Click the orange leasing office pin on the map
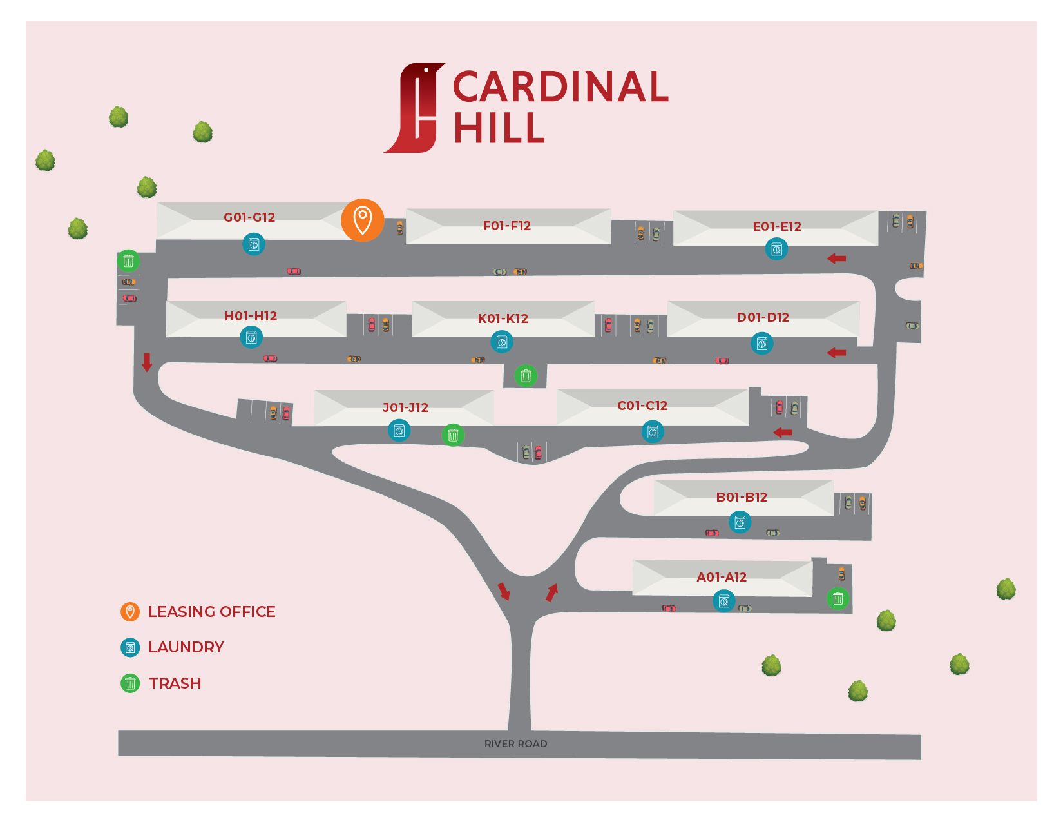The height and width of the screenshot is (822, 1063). pos(363,220)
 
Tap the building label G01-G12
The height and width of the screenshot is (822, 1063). pos(249,217)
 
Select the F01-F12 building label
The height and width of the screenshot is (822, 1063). pos(507,226)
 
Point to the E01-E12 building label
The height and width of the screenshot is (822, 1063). pos(777,226)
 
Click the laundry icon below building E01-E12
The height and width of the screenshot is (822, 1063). pos(776,249)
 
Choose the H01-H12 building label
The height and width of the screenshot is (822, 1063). pos(251,316)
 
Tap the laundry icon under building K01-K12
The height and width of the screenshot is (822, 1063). pos(502,342)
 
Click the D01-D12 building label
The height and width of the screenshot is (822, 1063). pos(763,317)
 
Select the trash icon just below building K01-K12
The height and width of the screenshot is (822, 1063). pos(526,375)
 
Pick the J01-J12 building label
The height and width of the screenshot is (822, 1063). pos(405,407)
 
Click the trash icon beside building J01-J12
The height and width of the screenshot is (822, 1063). pos(453,435)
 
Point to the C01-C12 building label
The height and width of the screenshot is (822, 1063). pos(642,406)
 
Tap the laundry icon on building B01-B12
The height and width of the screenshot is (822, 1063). pos(740,522)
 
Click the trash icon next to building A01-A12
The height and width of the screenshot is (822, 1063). pos(838,598)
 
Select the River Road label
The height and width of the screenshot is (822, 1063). pos(516,744)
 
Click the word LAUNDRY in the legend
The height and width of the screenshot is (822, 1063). pos(186,647)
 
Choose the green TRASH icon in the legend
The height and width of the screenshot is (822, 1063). pos(130,683)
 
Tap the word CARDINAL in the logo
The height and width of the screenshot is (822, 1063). pos(560,88)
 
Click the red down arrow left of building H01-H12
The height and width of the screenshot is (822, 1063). pos(147,362)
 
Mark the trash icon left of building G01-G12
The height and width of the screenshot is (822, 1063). pos(128,261)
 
